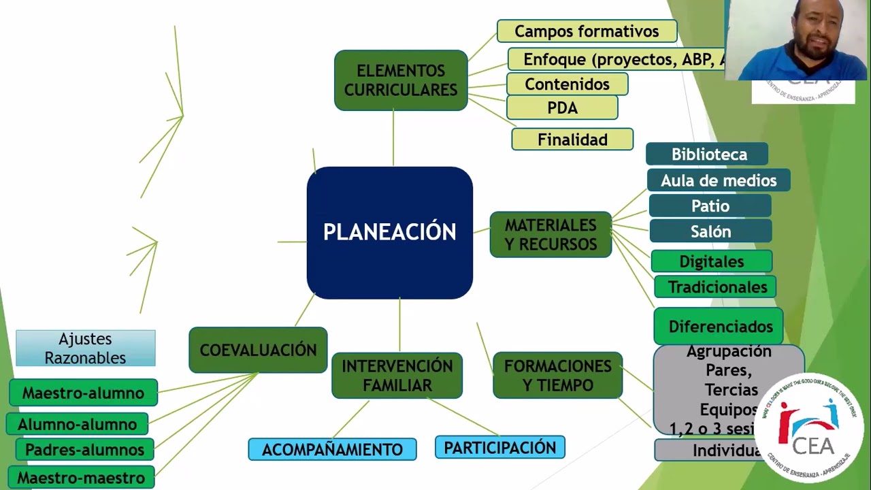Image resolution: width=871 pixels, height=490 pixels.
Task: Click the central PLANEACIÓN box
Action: pos(389,232)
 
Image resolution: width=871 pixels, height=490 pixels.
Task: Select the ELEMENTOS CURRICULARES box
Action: pos(401,80)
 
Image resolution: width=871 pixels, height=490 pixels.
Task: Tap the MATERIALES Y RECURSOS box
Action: pos(550,235)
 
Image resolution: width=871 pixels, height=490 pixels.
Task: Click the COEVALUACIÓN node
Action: pos(258,350)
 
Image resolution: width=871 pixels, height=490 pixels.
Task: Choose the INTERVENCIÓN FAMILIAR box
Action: pos(397,376)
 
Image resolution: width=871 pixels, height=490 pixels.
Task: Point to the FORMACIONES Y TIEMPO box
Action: pos(557,376)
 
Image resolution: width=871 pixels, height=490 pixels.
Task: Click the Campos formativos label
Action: pos(587,31)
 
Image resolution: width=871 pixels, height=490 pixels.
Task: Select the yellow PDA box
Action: pos(562,108)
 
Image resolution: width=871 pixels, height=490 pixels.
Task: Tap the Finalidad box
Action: pos(572,140)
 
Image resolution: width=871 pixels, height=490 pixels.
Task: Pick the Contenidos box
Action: pos(567,84)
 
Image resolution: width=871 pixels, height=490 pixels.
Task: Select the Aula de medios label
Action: pos(719,180)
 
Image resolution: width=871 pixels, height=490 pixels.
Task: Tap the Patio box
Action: pos(710,206)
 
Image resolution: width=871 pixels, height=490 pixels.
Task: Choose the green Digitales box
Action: pos(711,261)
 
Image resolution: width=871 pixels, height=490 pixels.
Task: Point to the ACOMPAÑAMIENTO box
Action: pos(332,450)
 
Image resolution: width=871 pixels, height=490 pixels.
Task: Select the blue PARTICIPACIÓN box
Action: pos(499,447)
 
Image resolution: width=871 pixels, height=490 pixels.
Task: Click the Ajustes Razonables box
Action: pos(86,348)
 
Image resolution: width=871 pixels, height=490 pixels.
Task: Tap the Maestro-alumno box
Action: pos(83,393)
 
